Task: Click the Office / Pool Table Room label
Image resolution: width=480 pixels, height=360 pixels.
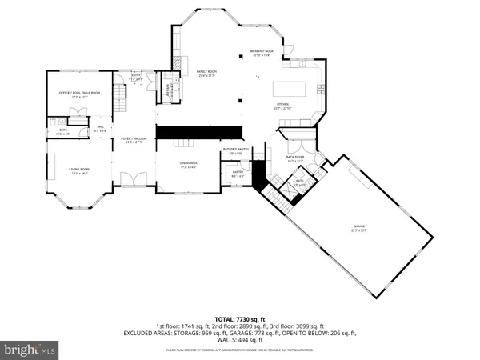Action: tap(79, 94)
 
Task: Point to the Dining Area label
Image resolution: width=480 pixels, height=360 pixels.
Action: tap(188, 165)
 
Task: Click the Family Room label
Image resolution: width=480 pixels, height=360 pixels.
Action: tap(208, 74)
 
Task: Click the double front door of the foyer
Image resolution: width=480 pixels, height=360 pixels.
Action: tap(130, 181)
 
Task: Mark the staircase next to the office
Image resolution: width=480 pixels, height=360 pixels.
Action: tap(117, 102)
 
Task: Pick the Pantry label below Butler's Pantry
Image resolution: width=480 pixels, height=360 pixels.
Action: tap(238, 174)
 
